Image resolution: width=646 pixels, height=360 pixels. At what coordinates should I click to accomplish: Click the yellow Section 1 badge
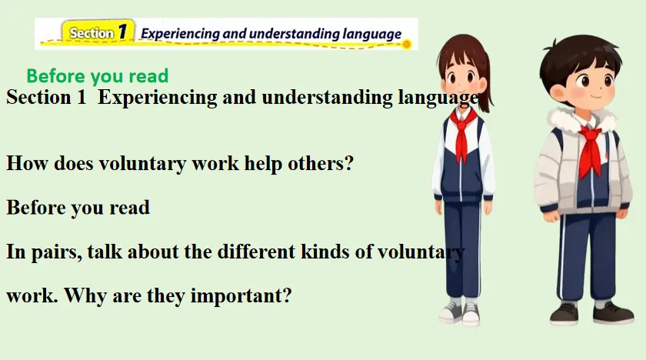tap(98, 32)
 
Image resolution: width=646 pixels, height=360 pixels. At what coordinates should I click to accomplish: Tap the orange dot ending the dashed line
tap(406, 44)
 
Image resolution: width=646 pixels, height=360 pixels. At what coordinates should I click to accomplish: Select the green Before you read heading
tap(98, 76)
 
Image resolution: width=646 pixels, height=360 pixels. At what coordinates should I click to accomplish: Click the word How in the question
tap(27, 163)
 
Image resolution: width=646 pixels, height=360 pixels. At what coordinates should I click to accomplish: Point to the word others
tap(320, 163)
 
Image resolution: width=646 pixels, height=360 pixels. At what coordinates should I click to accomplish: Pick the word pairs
tap(56, 252)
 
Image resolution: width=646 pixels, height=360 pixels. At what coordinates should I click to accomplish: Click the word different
tap(256, 252)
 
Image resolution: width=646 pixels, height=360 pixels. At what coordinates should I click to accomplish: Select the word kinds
tap(325, 252)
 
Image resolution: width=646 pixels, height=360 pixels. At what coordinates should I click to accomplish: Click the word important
tap(241, 295)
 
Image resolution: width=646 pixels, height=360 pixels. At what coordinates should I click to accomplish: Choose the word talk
tap(105, 252)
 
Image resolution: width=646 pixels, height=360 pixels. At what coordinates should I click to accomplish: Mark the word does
tap(74, 163)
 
